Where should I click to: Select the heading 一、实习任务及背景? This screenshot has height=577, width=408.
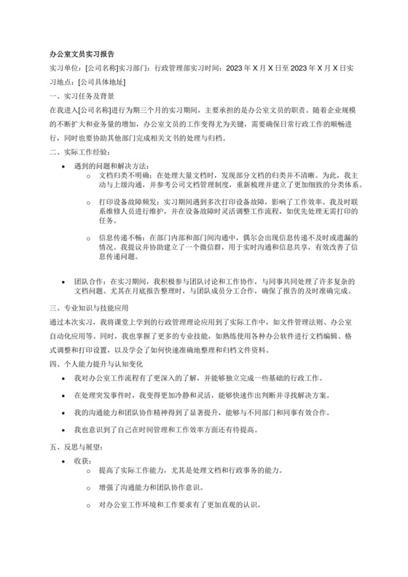coord(81,96)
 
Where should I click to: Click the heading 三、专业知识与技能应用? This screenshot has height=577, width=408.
coord(88,307)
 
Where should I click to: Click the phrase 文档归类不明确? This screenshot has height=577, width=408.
coord(122,176)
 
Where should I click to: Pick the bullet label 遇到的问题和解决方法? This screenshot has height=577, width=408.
coord(111,165)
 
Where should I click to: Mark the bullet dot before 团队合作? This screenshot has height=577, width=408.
coord(67,280)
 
